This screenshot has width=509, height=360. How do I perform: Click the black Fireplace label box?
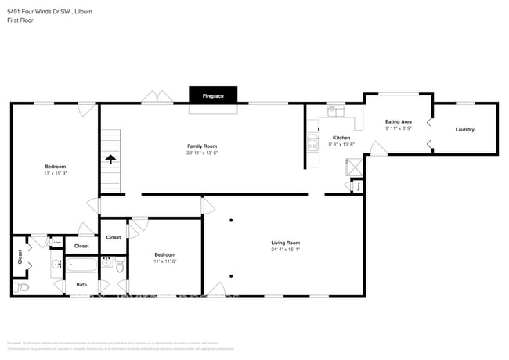pyautogui.click(x=213, y=95)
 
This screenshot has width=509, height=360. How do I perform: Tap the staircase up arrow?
pyautogui.click(x=110, y=159)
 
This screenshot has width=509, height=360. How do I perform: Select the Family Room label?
pyautogui.click(x=201, y=146)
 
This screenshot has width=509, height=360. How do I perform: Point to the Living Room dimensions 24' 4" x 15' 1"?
pyautogui.click(x=285, y=250)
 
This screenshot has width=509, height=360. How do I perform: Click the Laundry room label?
pyautogui.click(x=464, y=129)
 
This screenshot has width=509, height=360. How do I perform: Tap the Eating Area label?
pyautogui.click(x=399, y=122)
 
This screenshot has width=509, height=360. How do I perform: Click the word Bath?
pyautogui.click(x=81, y=285)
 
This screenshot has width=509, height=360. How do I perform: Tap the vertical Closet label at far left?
pyautogui.click(x=20, y=257)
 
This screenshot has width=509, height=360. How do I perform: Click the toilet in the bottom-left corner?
pyautogui.click(x=22, y=287)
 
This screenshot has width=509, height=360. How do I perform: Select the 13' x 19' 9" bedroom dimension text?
pyautogui.click(x=55, y=173)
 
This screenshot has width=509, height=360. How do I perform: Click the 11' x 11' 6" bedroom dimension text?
pyautogui.click(x=164, y=261)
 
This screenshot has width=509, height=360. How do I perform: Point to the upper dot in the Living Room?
pyautogui.click(x=231, y=221)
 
